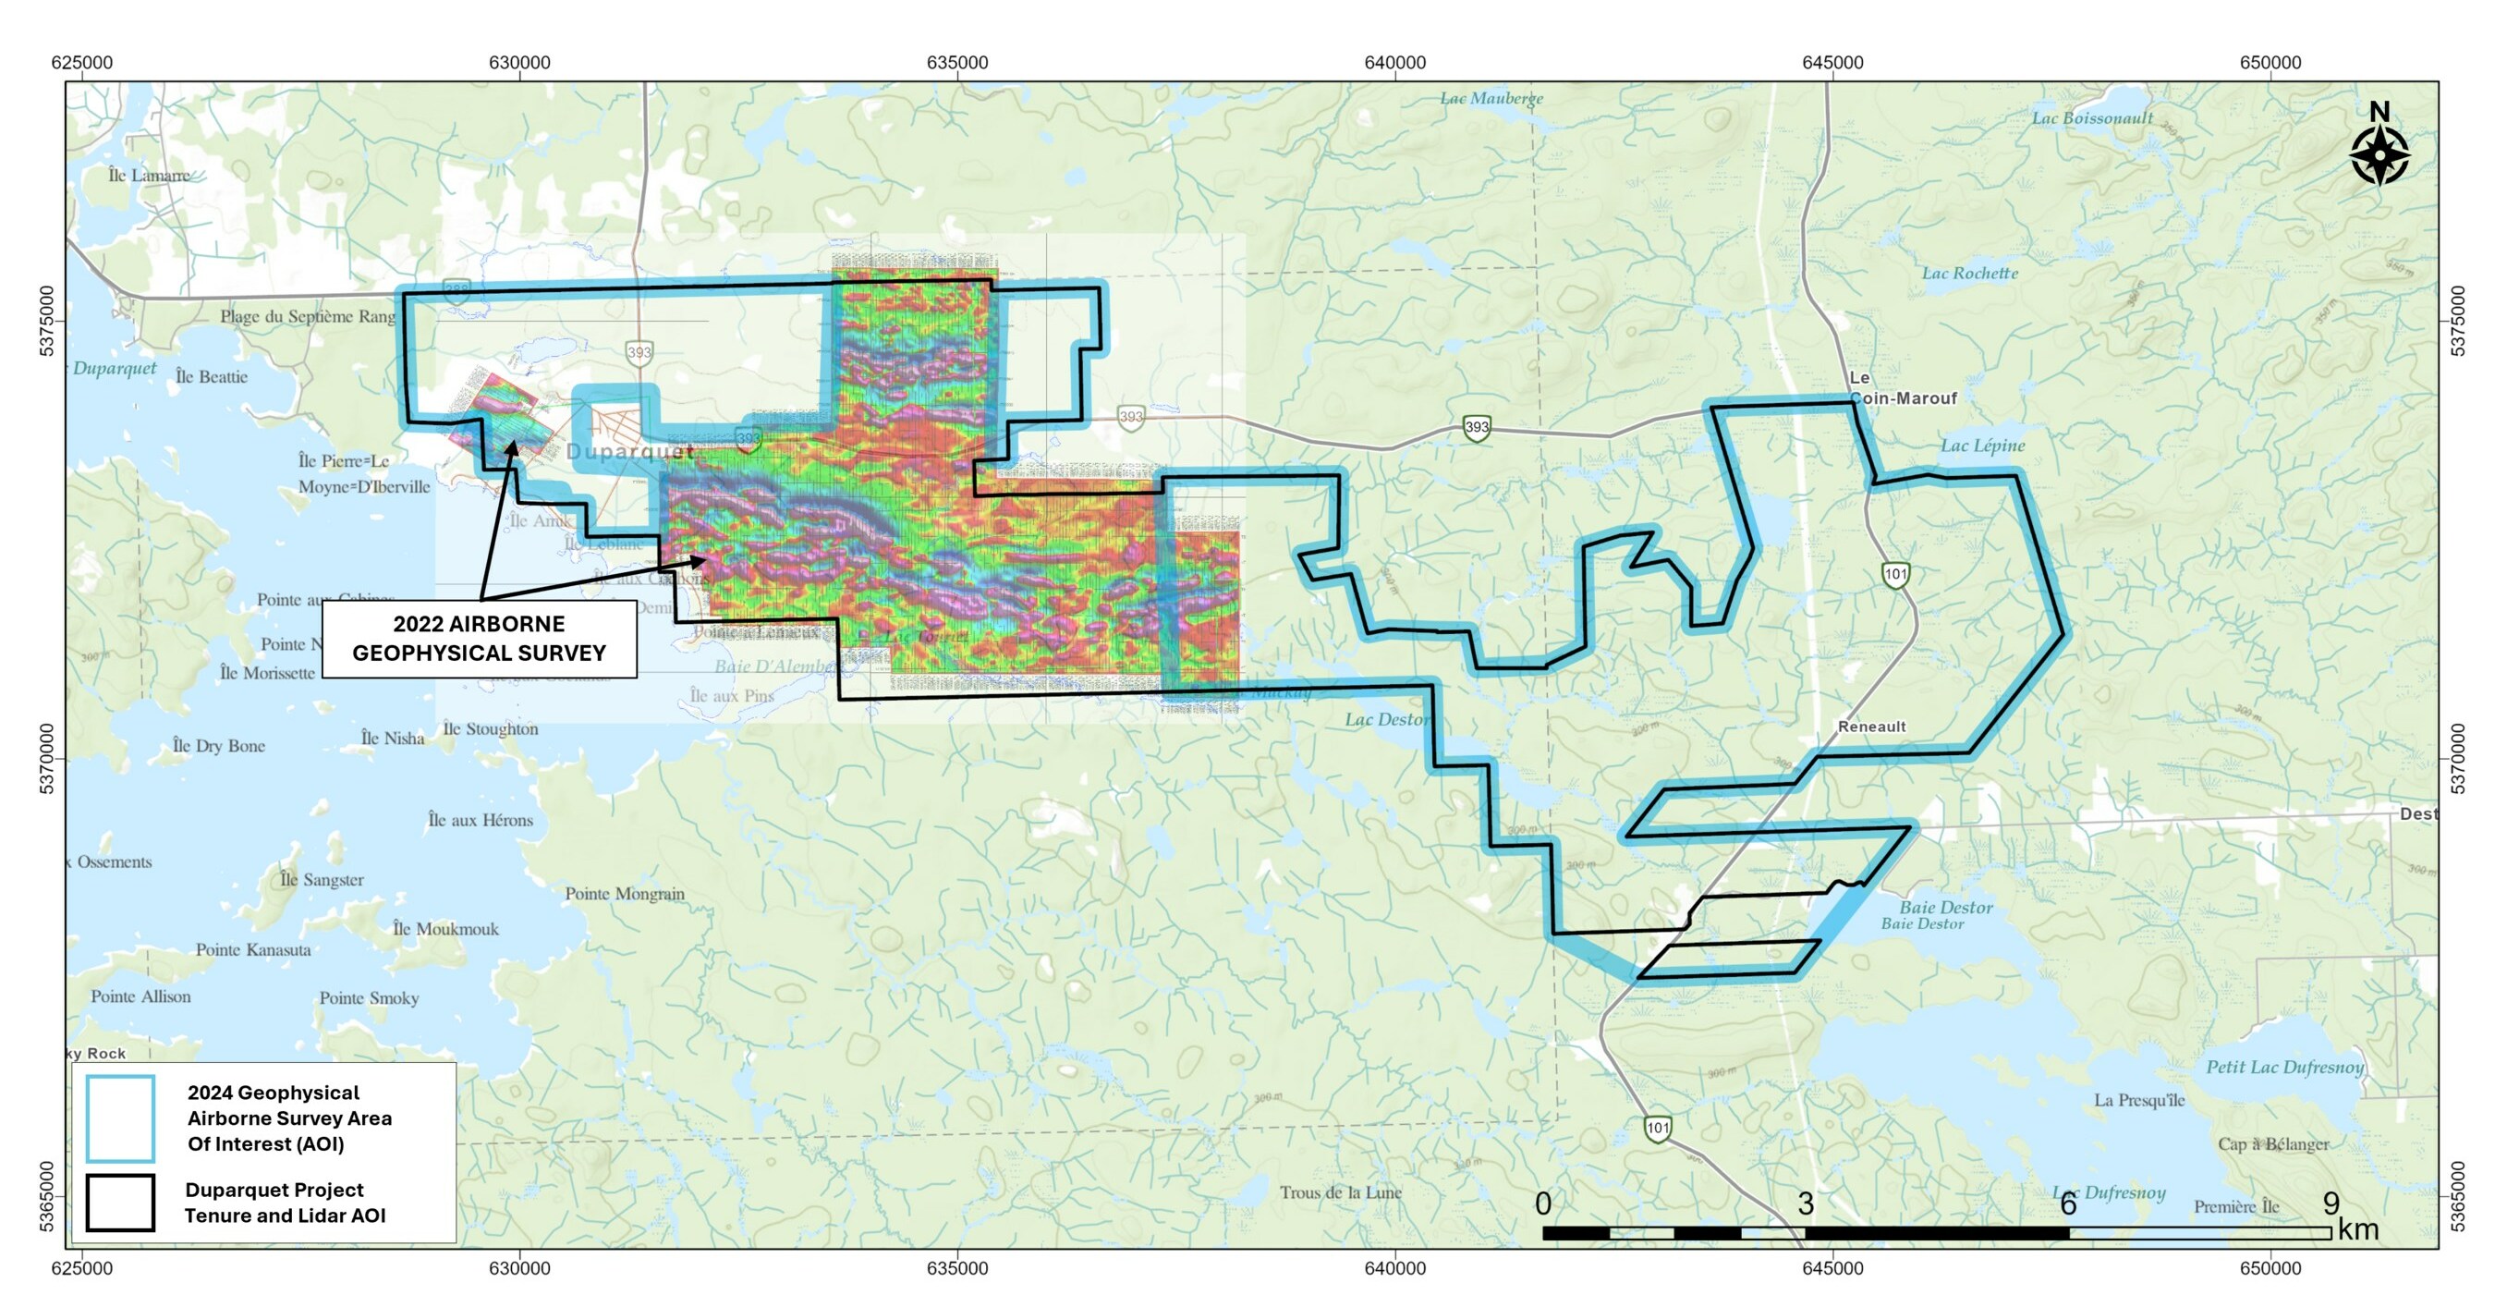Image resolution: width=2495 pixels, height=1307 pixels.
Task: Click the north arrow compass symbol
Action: click(2379, 153)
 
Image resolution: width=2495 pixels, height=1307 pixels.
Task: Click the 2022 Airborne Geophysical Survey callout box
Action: click(479, 639)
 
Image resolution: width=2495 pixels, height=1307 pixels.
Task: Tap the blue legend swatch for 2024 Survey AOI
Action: click(120, 1118)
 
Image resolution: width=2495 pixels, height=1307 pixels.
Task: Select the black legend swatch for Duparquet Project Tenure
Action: click(120, 1203)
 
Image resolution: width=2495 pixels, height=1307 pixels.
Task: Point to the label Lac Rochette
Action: click(1969, 274)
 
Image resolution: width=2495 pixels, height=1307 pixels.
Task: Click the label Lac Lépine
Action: click(1981, 446)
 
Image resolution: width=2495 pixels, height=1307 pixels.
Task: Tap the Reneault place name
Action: click(1871, 727)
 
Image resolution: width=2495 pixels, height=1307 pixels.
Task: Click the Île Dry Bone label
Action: click(219, 746)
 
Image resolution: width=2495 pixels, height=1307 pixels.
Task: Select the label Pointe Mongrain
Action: click(625, 893)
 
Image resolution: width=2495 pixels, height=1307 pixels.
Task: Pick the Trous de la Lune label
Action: click(1341, 1192)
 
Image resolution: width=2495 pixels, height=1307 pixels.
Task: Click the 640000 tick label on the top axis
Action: click(1394, 63)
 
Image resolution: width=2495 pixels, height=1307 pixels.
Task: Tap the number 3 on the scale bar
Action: click(1806, 1203)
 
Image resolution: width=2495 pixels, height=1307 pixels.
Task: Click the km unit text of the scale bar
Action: click(2357, 1229)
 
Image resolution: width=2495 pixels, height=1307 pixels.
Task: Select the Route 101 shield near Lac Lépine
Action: click(1895, 575)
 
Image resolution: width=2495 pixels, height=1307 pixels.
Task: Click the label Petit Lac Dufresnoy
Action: click(2285, 1067)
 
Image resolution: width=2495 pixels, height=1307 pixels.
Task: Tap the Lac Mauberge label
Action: click(1491, 98)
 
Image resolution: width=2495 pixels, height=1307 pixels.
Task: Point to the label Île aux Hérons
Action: click(481, 820)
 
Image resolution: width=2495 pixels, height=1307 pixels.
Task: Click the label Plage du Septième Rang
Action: click(308, 316)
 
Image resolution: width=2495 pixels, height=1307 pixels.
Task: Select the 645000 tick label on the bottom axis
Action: click(1832, 1268)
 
